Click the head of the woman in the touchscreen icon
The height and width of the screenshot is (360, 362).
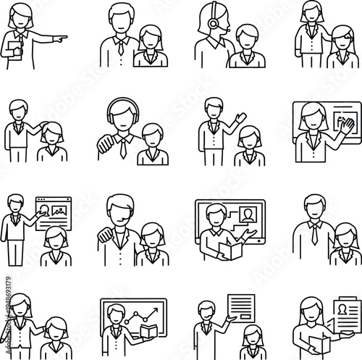[x=312, y=114]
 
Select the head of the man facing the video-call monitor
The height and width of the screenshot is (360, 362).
[x=215, y=216]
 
